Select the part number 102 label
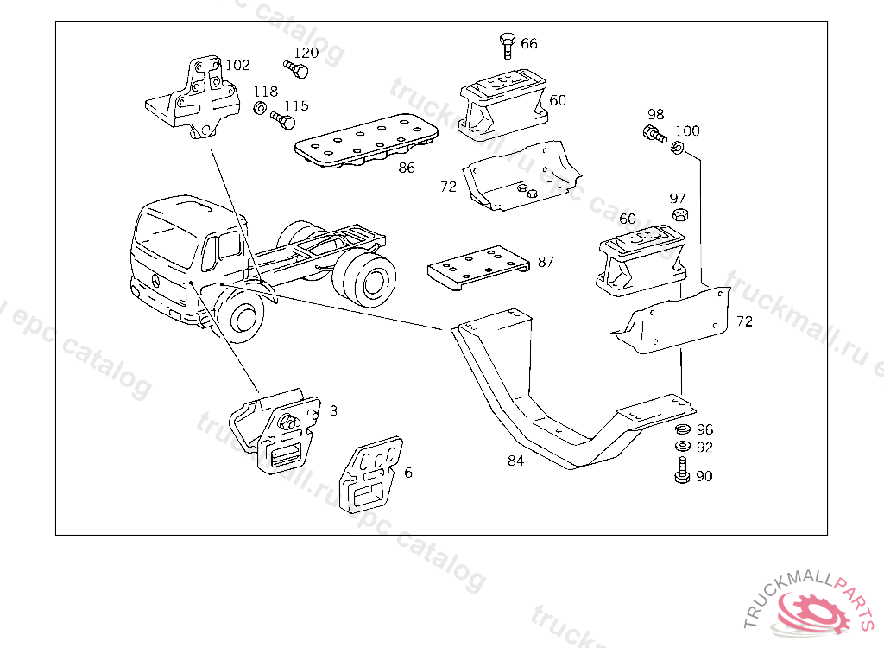(x=237, y=65)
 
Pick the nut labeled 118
(x=258, y=109)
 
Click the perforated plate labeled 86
(x=366, y=142)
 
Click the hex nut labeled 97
(x=679, y=216)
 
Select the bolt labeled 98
(x=653, y=134)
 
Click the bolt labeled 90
(x=681, y=473)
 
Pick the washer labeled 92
(x=681, y=447)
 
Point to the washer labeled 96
(x=681, y=429)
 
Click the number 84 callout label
(x=515, y=461)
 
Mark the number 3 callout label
(x=333, y=410)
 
